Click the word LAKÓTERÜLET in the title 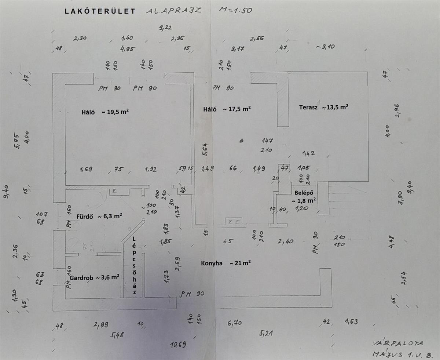point(100,11)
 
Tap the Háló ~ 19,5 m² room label point(104,112)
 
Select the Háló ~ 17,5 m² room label point(227,109)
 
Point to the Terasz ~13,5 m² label point(323,107)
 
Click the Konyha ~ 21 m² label point(225,263)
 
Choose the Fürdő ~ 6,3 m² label point(99,216)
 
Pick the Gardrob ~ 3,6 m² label point(94,277)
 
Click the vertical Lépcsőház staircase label point(135,265)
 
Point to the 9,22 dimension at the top point(165,28)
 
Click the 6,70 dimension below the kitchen point(234,323)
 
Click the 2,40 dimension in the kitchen point(285,241)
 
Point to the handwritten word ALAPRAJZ point(174,11)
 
